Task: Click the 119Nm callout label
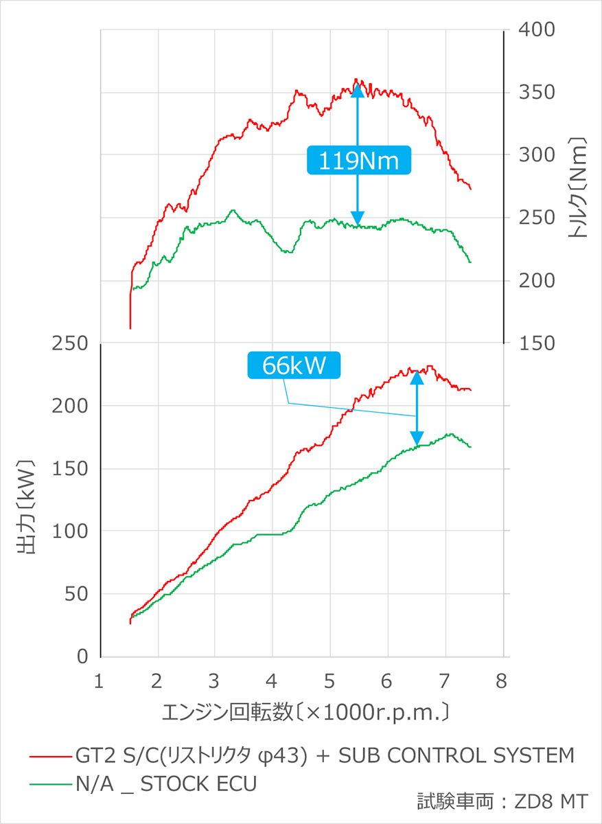358,161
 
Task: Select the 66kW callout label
294,365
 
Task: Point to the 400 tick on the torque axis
532,30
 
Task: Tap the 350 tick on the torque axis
532,93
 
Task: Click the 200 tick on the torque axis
532,281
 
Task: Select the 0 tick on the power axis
83,657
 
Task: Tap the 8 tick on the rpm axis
502,681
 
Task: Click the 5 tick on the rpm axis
330,681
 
